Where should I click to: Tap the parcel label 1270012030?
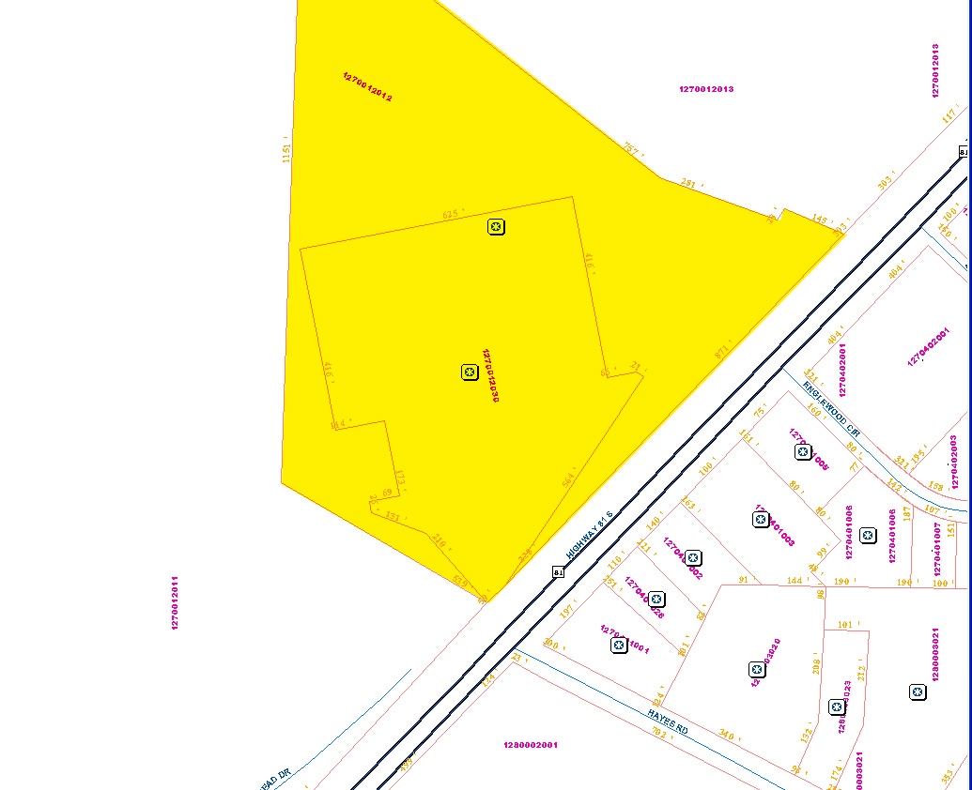point(489,376)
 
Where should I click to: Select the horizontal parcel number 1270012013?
point(706,89)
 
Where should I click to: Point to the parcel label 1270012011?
point(175,602)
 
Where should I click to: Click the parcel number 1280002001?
point(530,745)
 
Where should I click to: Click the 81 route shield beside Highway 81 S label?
point(558,571)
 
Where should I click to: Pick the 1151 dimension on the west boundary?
point(286,153)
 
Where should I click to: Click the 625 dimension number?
point(450,215)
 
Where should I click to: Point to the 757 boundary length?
point(631,148)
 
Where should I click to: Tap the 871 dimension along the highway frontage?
point(721,354)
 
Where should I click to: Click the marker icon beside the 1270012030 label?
point(470,372)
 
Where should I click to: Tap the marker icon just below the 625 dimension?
point(497,226)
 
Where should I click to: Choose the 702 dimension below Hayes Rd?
point(658,734)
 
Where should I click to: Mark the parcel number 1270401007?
point(937,549)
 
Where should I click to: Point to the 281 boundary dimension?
point(688,184)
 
